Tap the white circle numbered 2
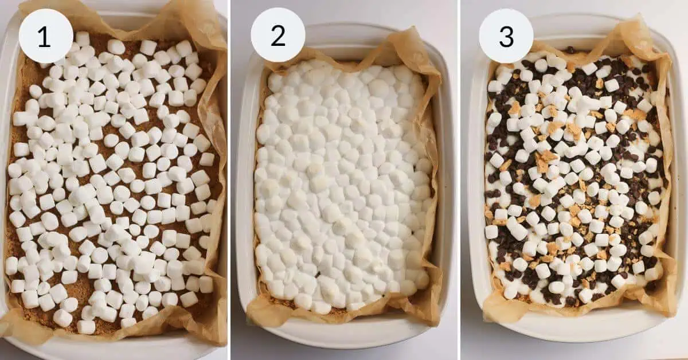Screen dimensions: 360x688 pyautogui.click(x=278, y=36)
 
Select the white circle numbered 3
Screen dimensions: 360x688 pyautogui.click(x=506, y=36)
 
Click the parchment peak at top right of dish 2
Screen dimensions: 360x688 pyautogui.click(x=417, y=43)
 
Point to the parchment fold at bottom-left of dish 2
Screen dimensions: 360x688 pyautogui.click(x=261, y=312)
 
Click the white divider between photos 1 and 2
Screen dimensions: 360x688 pyautogui.click(x=229, y=180)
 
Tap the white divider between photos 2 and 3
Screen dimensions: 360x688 pyautogui.click(x=459, y=180)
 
